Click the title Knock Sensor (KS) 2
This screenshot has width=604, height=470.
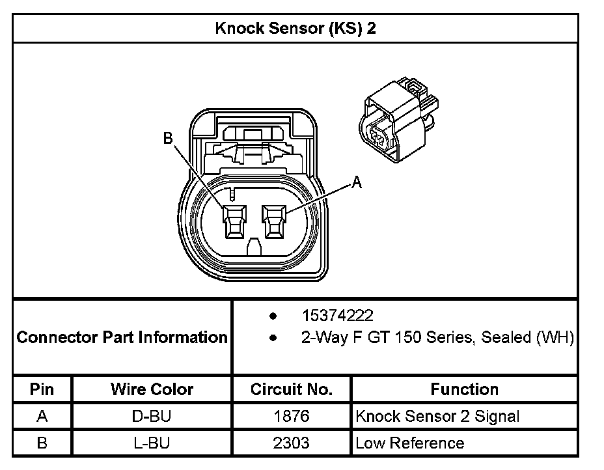pos(295,29)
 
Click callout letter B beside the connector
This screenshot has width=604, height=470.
pos(167,138)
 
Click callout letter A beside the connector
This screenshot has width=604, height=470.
pos(356,183)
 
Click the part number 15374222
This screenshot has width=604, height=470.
pos(337,316)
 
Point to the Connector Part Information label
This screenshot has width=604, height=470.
pos(122,337)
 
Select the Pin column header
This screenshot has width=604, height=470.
pos(42,389)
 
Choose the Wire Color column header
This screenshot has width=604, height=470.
pos(152,389)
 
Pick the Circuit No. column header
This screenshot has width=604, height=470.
pos(292,389)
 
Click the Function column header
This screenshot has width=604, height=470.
pos(464,389)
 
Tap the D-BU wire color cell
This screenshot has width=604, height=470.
pos(152,416)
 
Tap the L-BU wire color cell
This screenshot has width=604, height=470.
pos(152,443)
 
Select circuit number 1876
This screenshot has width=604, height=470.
pos(292,416)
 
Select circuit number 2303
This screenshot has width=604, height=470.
pos(292,443)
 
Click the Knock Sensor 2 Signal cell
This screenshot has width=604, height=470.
pos(437,416)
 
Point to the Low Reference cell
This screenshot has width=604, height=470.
pos(409,443)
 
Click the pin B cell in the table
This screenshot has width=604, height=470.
pos(42,443)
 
